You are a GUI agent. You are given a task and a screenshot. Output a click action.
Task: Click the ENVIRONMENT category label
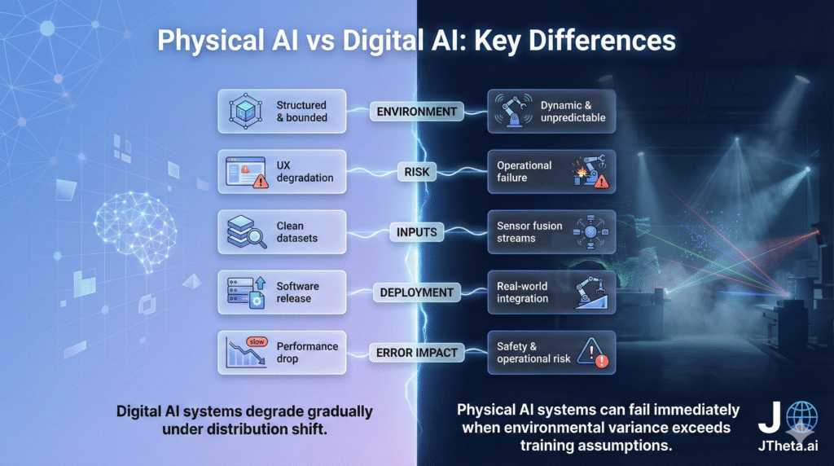pos(416,112)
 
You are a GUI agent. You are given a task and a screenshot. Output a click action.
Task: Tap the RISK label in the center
pos(416,172)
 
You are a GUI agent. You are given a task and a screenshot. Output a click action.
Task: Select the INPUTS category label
pos(416,232)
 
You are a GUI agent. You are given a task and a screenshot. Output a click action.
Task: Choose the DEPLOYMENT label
pos(416,292)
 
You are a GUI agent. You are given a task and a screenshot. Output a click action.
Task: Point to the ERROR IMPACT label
pos(416,353)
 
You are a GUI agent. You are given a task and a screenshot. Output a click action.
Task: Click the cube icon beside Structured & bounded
pos(245,111)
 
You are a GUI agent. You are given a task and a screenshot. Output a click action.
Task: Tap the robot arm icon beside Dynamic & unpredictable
pos(513,111)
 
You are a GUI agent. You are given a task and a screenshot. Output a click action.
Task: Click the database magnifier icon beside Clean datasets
pos(246,232)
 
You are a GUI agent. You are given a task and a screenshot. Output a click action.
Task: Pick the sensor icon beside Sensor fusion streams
pos(590,232)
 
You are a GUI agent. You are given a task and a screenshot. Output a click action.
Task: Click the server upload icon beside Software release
pos(246,292)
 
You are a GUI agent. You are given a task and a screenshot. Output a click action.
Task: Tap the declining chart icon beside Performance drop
pos(246,352)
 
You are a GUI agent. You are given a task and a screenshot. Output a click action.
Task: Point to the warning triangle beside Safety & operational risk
pos(593,353)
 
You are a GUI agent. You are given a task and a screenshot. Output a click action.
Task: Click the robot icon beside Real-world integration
pos(591,292)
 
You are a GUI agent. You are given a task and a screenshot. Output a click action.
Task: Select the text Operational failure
pos(524,171)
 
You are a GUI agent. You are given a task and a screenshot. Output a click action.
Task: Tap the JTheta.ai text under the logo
pos(788,446)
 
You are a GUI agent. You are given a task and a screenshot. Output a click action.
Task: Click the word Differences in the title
pos(602,41)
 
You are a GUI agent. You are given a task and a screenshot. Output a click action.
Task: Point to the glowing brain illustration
pos(135,229)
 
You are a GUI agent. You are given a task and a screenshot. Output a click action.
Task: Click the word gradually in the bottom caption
pos(340,412)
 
